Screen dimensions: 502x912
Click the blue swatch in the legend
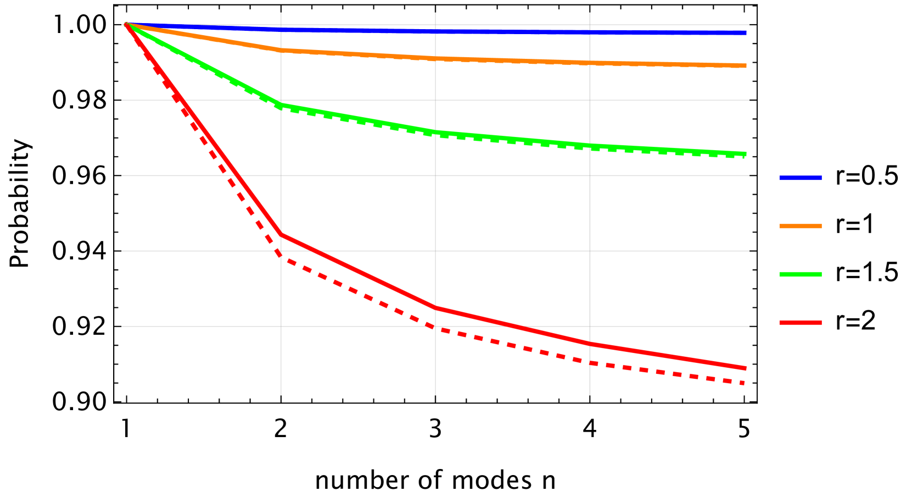(801, 178)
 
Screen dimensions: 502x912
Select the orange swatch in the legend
(801, 226)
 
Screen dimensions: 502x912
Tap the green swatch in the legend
(801, 274)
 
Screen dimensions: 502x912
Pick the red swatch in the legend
(801, 323)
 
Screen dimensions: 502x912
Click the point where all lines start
(126, 24)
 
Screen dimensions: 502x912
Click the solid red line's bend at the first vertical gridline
(281, 234)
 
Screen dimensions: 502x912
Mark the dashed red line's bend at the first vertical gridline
(281, 255)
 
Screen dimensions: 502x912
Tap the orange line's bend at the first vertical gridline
(281, 50)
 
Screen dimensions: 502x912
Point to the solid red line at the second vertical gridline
(435, 308)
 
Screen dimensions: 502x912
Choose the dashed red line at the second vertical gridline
(435, 328)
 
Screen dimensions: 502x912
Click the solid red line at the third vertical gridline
(590, 344)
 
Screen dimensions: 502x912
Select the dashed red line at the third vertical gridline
(590, 363)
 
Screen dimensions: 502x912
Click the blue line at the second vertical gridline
(435, 31)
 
